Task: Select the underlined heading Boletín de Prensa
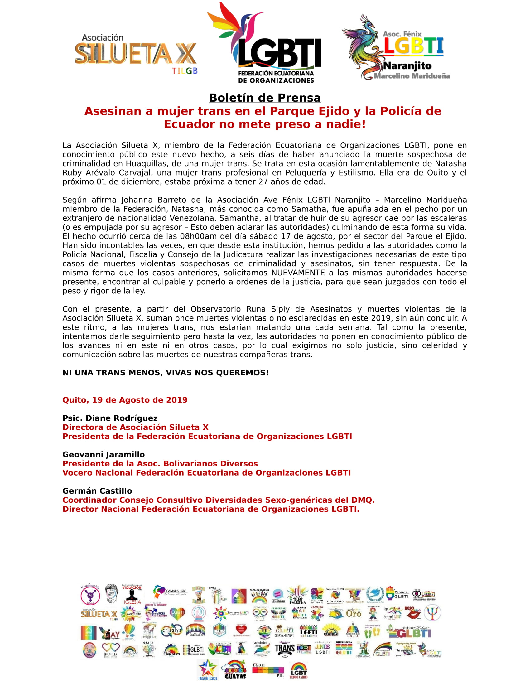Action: pyautogui.click(x=265, y=98)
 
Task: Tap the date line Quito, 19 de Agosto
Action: pyautogui.click(x=125, y=400)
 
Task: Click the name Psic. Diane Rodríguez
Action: pyautogui.click(x=110, y=418)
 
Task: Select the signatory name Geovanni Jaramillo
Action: pyautogui.click(x=104, y=455)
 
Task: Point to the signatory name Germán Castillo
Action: pyautogui.click(x=98, y=491)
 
